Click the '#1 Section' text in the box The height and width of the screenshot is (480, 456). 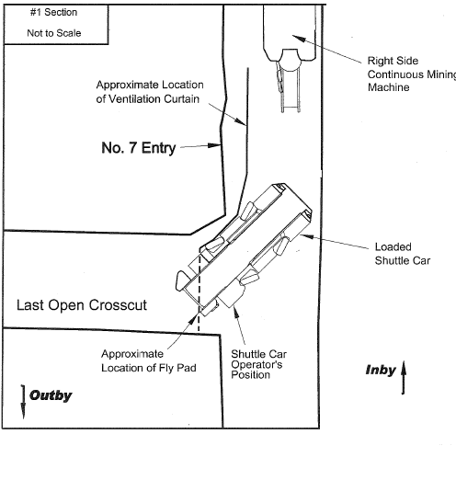pyautogui.click(x=53, y=12)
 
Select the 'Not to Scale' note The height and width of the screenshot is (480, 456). pyautogui.click(x=54, y=33)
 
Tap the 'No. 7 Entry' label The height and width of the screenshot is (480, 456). pyautogui.click(x=139, y=148)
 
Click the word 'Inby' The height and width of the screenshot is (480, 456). pyautogui.click(x=381, y=370)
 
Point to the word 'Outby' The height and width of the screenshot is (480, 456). pyautogui.click(x=51, y=395)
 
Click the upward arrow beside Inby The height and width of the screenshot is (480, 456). pyautogui.click(x=404, y=377)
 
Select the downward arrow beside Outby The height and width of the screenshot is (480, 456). pyautogui.click(x=23, y=402)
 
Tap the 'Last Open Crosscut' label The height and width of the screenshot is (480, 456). pyautogui.click(x=82, y=305)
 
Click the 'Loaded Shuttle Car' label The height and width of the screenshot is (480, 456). pyautogui.click(x=403, y=254)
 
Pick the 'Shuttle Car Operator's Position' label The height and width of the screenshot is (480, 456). pyautogui.click(x=259, y=364)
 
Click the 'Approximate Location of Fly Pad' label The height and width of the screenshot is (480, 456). pyautogui.click(x=149, y=360)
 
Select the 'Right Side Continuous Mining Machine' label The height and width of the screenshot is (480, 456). pyautogui.click(x=412, y=74)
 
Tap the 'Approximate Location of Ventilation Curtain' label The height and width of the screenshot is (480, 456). pyautogui.click(x=150, y=92)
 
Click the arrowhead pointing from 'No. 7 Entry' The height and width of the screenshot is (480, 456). pyautogui.click(x=214, y=145)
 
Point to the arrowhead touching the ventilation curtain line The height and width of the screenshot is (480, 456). pyautogui.click(x=240, y=121)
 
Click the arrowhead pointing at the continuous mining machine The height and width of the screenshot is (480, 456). pyautogui.click(x=298, y=38)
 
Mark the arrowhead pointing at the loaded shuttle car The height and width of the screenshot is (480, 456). pyautogui.click(x=307, y=236)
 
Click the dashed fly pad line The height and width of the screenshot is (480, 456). pyautogui.click(x=199, y=290)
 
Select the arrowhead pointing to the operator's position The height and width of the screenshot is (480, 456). pyautogui.click(x=235, y=312)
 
